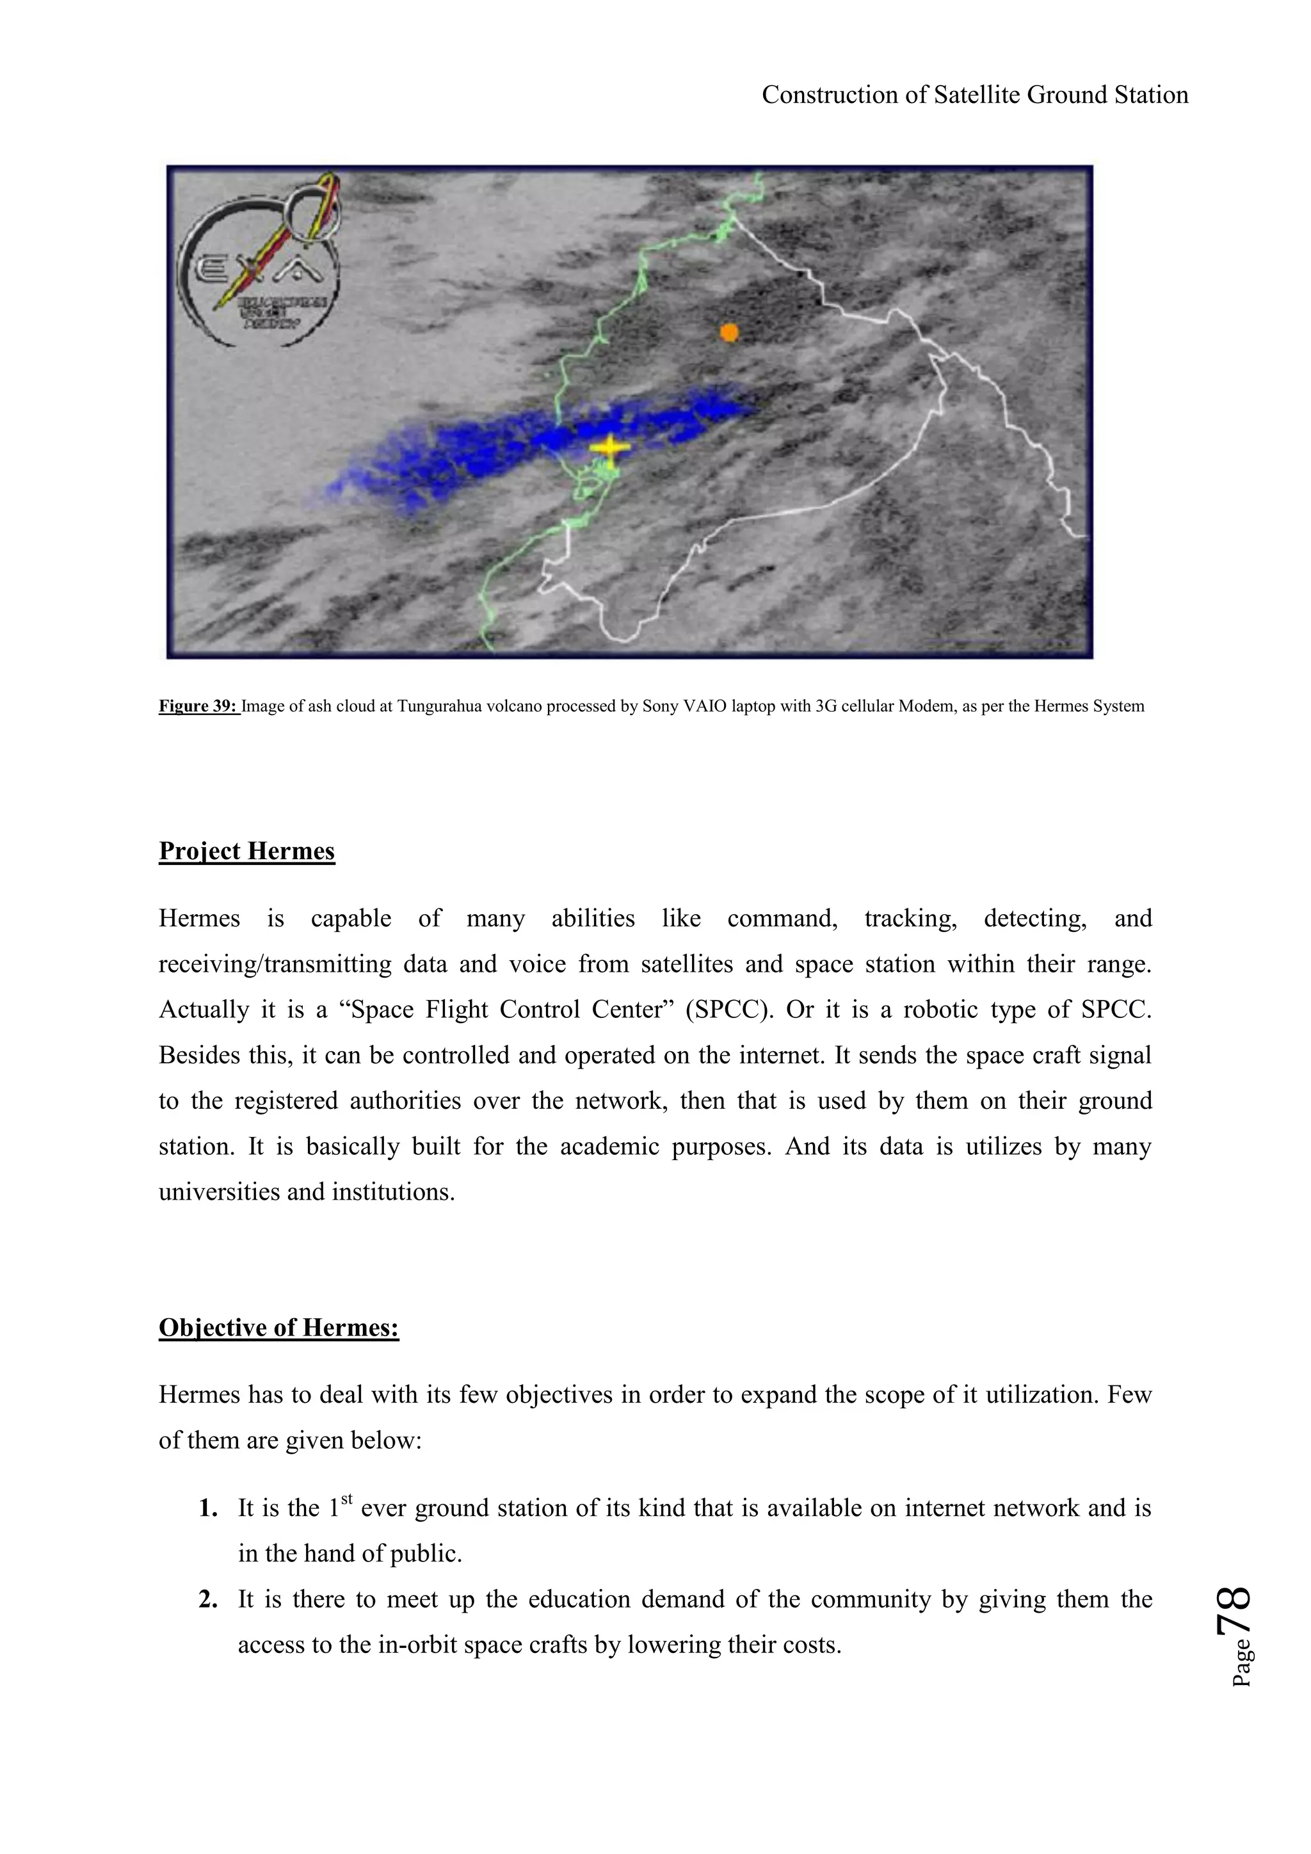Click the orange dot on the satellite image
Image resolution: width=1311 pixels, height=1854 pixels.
[729, 332]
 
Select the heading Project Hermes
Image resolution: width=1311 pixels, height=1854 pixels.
[246, 851]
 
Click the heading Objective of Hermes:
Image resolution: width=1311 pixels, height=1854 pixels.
[278, 1328]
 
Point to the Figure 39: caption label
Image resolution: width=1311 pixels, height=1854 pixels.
[198, 707]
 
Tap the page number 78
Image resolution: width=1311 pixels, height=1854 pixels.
[1234, 1610]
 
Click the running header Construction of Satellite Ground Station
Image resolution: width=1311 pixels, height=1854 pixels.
[974, 95]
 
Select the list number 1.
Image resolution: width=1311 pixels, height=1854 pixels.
[208, 1508]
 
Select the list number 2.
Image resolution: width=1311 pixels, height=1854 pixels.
[208, 1600]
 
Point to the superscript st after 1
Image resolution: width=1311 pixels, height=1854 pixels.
[347, 1499]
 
